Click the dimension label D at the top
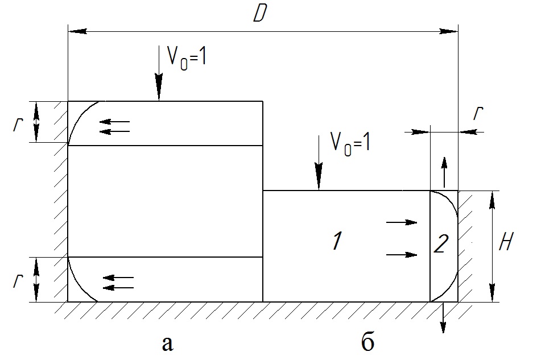pos(260,14)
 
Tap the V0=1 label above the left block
pos(187,57)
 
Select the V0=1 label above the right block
pos(350,143)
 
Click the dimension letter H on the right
pos(506,242)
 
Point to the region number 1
pos(337,241)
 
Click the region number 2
pos(441,244)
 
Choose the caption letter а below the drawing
pos(167,344)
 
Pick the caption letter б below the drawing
pos(367,341)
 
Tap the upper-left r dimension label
pos(18,125)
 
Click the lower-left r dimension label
pos(18,281)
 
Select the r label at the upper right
pos(478,113)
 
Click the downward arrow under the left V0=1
pos(159,73)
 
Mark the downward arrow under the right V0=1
pos(319,163)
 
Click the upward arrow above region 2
pos(444,172)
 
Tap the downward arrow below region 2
pos(443,317)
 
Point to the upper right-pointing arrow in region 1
pos(402,222)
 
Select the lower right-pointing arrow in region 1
pos(402,255)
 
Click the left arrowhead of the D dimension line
pos(77,31)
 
